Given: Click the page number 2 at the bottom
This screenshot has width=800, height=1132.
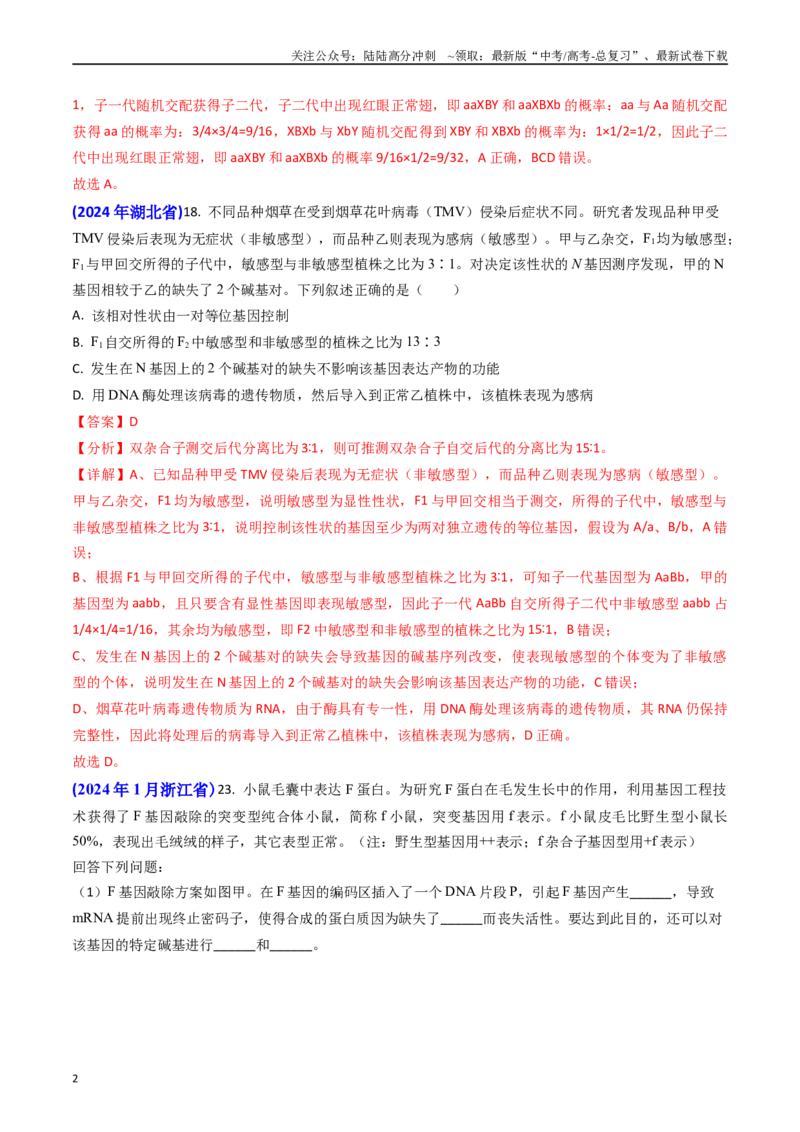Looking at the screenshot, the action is click(x=75, y=1079).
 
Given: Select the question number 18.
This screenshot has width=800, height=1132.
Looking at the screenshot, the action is click(x=191, y=212).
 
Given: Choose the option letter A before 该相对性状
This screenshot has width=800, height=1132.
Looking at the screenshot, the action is click(x=78, y=316).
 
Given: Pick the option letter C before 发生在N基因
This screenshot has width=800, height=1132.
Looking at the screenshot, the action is click(x=78, y=369).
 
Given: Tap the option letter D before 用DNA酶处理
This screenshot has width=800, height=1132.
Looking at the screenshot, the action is click(x=78, y=396).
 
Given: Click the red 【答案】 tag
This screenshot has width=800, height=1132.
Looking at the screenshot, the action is click(x=100, y=422).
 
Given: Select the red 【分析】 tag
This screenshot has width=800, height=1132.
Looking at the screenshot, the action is click(x=100, y=448).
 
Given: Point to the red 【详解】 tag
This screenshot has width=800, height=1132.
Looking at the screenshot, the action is click(x=100, y=475).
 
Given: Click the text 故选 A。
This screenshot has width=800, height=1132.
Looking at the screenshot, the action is click(x=96, y=185).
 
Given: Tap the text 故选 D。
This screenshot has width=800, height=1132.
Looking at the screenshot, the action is click(x=97, y=762).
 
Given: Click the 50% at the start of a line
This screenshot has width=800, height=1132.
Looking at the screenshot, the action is click(x=88, y=842).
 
